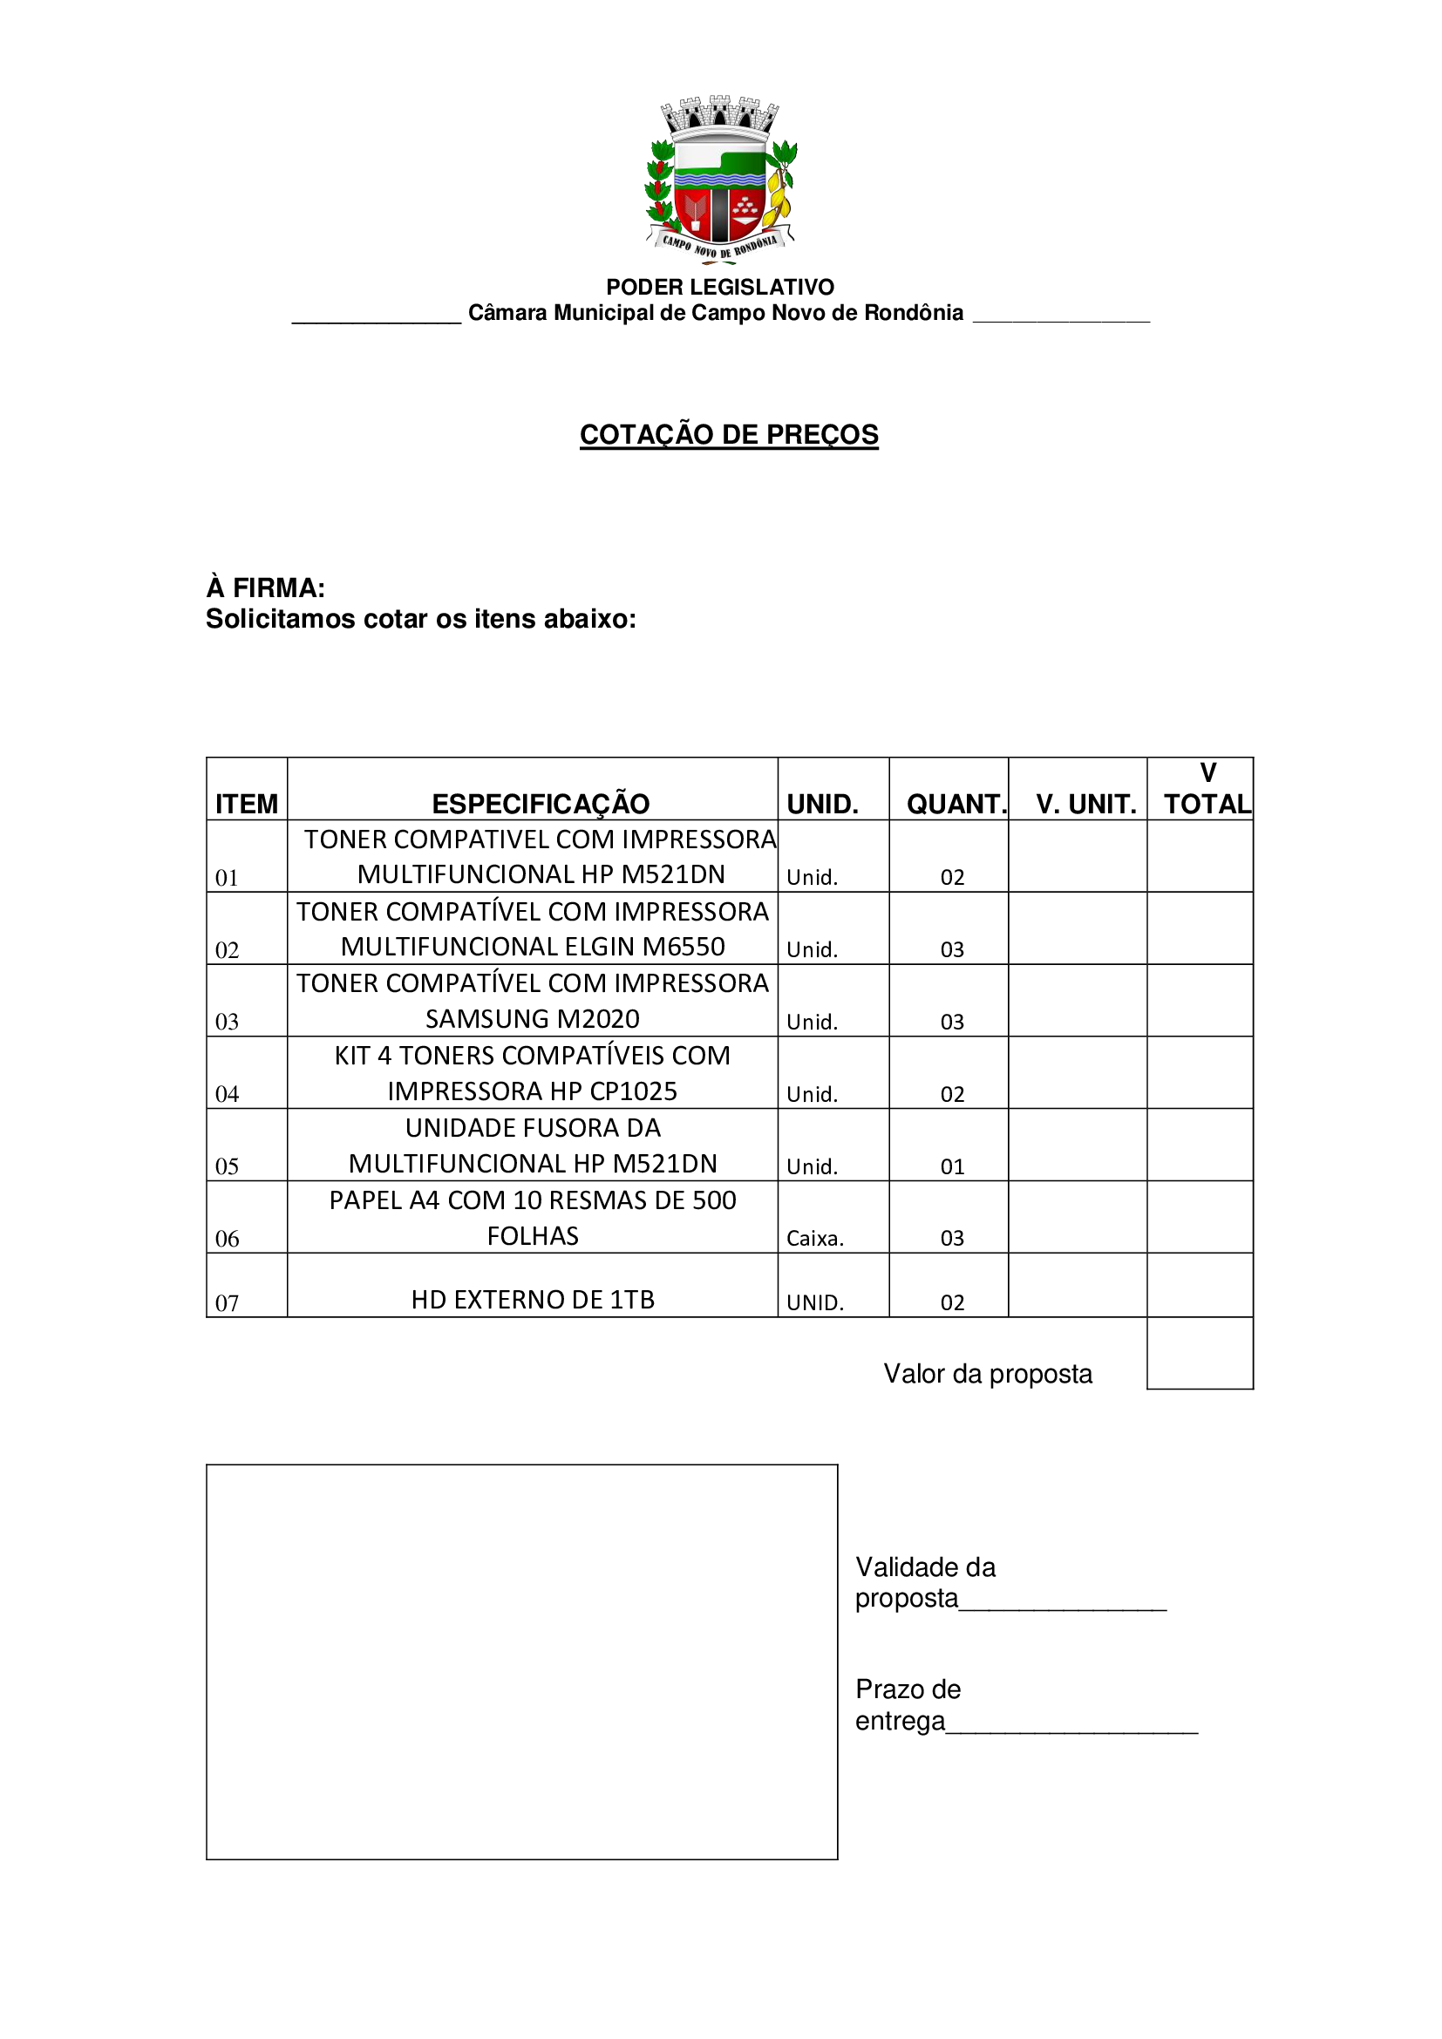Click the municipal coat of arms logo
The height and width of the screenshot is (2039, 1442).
[x=720, y=180]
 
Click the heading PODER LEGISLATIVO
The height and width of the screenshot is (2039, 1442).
[x=720, y=287]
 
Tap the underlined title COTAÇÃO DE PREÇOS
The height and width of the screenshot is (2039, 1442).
[x=729, y=434]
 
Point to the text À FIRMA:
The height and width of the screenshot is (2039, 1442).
[x=266, y=588]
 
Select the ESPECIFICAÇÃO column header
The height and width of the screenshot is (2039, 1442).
[x=541, y=804]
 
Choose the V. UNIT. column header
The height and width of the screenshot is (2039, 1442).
[x=1086, y=804]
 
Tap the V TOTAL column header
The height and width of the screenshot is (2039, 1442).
[x=1207, y=790]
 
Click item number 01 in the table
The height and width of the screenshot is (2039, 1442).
[x=228, y=879]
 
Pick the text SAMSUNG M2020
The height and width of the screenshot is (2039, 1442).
[x=533, y=1018]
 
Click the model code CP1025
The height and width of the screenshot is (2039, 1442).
[x=634, y=1091]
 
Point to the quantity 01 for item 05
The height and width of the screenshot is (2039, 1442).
[x=953, y=1166]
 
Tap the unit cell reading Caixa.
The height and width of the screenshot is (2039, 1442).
[x=815, y=1238]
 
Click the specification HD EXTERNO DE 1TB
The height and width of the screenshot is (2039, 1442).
[x=533, y=1300]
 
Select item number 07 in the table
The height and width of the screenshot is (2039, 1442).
[x=228, y=1302]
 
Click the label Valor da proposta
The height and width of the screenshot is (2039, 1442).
[x=988, y=1374]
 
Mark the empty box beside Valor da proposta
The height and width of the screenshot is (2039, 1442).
[x=1200, y=1353]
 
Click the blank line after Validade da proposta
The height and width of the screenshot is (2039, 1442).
[x=1063, y=1601]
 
